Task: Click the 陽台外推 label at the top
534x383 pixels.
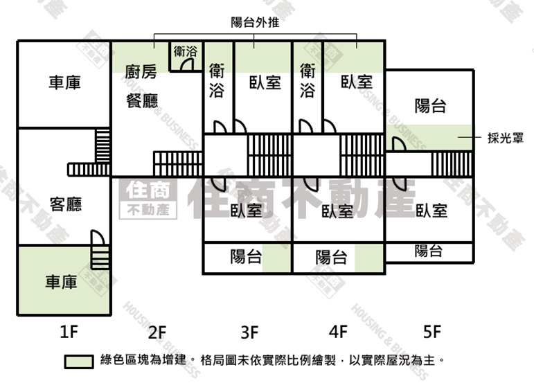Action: pyautogui.click(x=255, y=22)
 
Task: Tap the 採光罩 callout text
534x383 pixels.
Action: pyautogui.click(x=506, y=138)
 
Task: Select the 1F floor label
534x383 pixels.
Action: pyautogui.click(x=69, y=332)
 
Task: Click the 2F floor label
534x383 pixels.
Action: pyautogui.click(x=157, y=332)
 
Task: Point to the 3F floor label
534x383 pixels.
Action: pyautogui.click(x=249, y=332)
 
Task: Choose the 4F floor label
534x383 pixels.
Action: pyautogui.click(x=338, y=331)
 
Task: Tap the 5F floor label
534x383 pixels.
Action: pyautogui.click(x=431, y=331)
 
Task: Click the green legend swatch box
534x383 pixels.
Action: pyautogui.click(x=79, y=362)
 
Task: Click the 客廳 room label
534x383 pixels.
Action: pyautogui.click(x=66, y=204)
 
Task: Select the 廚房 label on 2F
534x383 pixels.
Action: pyautogui.click(x=141, y=72)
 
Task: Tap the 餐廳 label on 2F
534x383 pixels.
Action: pyautogui.click(x=142, y=101)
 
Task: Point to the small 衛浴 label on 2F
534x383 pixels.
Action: pyautogui.click(x=186, y=51)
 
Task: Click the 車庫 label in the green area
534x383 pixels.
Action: pyautogui.click(x=62, y=282)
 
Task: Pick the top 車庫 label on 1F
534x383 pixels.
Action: pyautogui.click(x=64, y=82)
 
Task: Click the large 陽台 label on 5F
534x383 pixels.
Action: pyautogui.click(x=431, y=105)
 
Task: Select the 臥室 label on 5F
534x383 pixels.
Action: pyautogui.click(x=431, y=211)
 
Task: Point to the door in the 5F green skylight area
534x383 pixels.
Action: pyautogui.click(x=398, y=143)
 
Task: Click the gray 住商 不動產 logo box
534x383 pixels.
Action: pyautogui.click(x=148, y=199)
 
